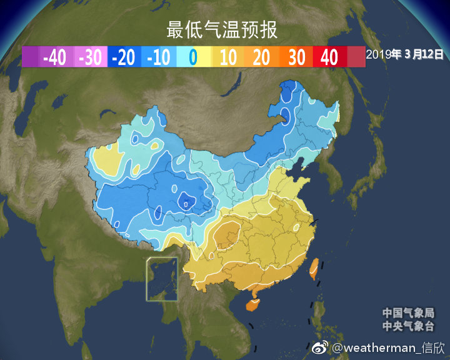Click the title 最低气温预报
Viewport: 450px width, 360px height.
[222, 29]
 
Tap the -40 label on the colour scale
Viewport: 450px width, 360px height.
[54, 57]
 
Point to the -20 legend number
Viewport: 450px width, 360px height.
[124, 57]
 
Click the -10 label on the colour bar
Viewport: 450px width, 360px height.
[159, 57]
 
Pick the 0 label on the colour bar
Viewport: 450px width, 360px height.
[193, 57]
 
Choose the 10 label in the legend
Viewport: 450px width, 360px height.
[228, 57]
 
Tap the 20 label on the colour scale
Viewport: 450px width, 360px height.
[262, 57]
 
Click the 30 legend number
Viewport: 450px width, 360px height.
[297, 57]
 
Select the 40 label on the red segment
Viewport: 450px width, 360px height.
[329, 57]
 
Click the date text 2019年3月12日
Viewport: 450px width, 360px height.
[405, 54]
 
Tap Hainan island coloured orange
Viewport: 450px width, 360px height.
[253, 305]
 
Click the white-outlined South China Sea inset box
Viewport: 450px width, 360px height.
[162, 279]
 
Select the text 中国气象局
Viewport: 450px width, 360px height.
[408, 313]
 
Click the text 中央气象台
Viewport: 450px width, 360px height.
[408, 326]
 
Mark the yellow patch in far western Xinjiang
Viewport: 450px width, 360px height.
[106, 159]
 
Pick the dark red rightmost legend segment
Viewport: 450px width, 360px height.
[356, 57]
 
